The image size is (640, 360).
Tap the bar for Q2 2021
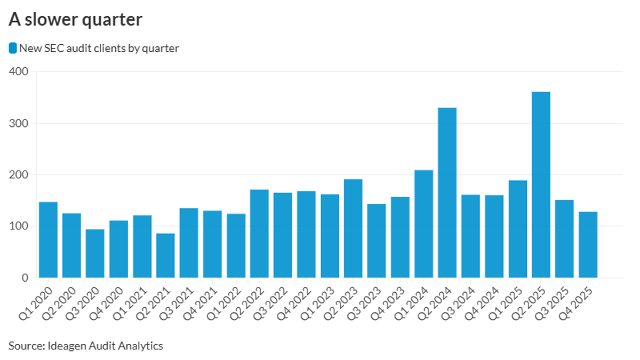[165, 255]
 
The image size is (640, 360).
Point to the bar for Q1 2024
[423, 224]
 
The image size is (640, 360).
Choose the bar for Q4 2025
[588, 245]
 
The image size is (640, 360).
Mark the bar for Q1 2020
[48, 240]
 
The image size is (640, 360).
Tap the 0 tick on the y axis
[25, 278]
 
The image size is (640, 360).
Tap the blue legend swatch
[13, 49]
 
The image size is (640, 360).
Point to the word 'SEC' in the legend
[50, 49]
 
